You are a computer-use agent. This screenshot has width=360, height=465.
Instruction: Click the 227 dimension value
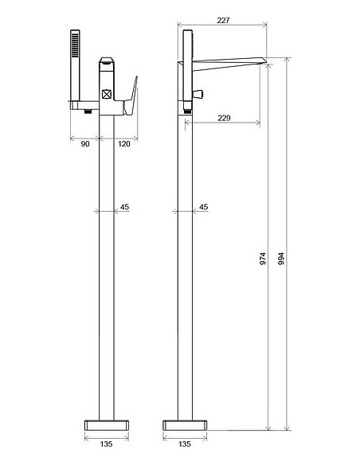(223, 20)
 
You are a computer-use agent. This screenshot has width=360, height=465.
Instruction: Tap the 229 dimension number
(224, 118)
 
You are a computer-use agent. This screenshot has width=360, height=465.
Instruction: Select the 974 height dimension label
(263, 259)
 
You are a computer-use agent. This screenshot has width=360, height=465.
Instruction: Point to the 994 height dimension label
(281, 259)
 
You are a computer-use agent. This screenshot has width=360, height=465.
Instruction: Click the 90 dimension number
(85, 144)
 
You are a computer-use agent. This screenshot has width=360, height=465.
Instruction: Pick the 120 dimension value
(124, 144)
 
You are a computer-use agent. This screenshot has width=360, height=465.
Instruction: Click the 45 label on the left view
(124, 207)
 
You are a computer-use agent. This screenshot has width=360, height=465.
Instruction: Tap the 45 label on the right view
(203, 207)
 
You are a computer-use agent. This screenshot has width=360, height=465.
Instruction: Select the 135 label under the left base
(106, 444)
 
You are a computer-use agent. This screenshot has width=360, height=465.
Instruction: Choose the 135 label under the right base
(185, 444)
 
